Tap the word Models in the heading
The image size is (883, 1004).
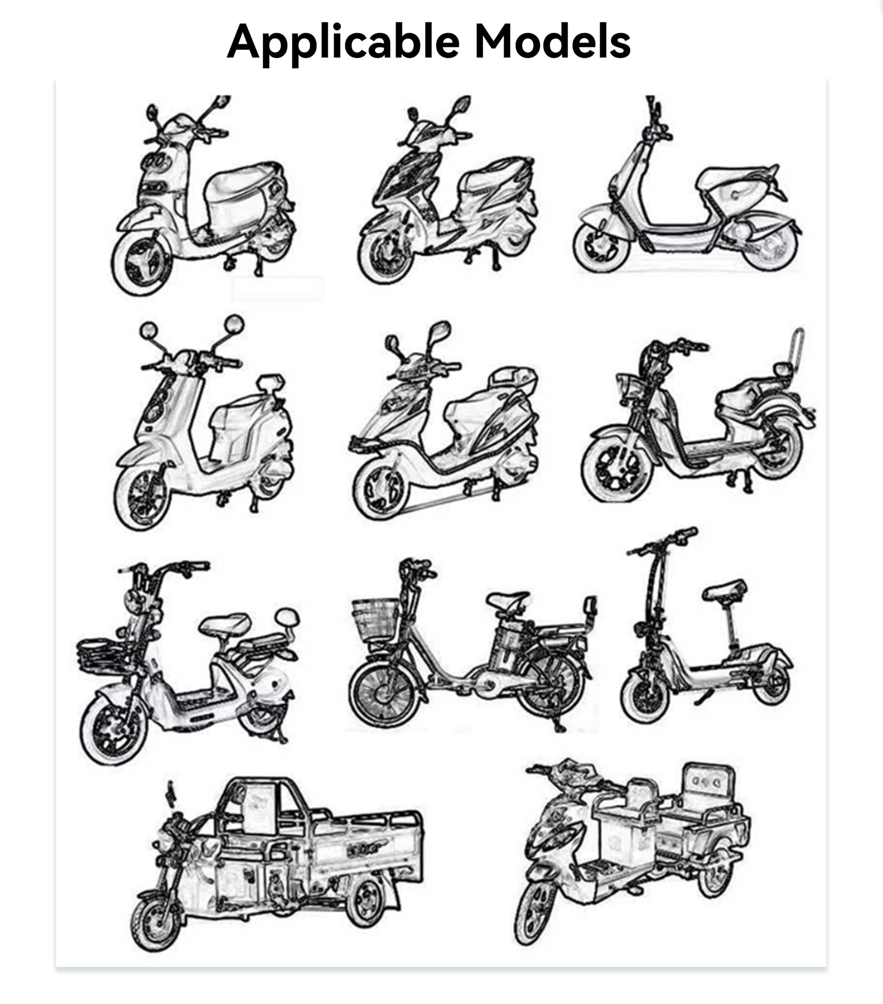coord(552,41)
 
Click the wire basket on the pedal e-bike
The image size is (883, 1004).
coord(376,620)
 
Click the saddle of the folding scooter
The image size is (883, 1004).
coord(725,590)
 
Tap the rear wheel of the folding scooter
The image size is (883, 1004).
coord(772,683)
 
